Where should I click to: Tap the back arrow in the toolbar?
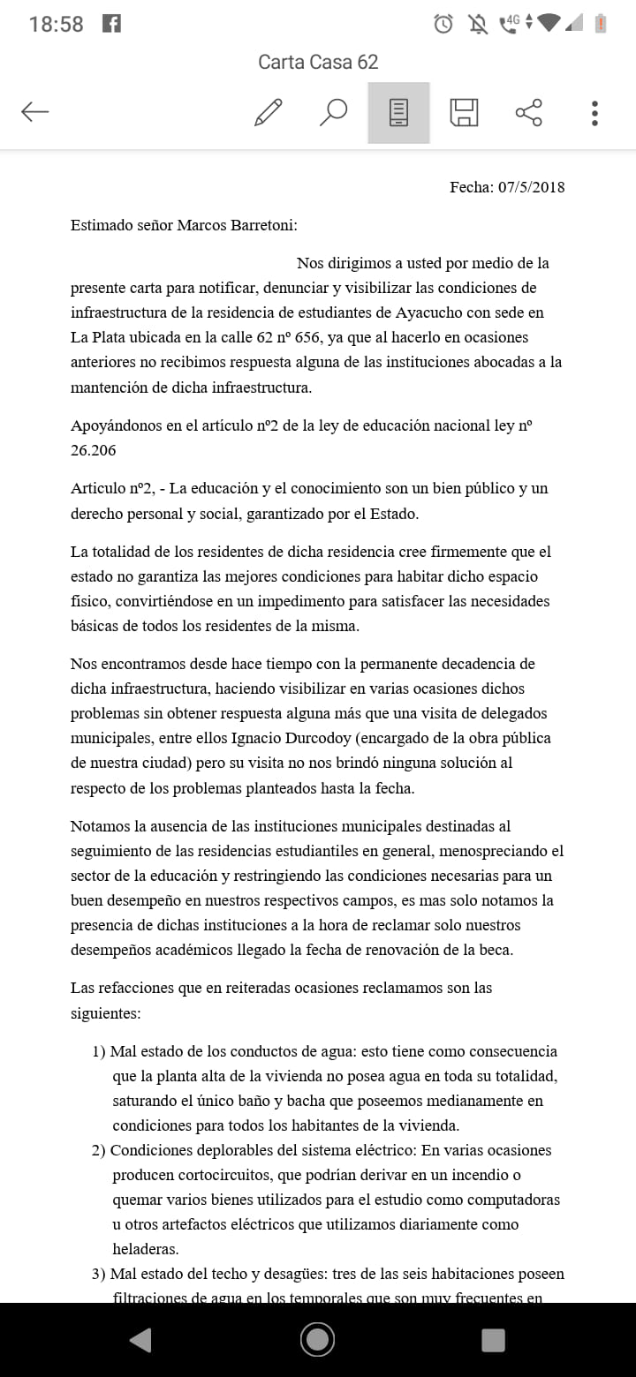click(x=35, y=112)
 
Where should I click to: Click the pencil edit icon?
click(x=268, y=112)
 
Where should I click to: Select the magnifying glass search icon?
click(x=333, y=112)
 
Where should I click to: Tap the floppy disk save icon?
click(x=464, y=112)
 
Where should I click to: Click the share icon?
click(x=528, y=112)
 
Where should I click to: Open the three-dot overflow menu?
click(x=594, y=112)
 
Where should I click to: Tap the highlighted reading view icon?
click(x=398, y=112)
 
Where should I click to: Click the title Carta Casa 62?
click(x=318, y=62)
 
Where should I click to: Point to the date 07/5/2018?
click(x=531, y=187)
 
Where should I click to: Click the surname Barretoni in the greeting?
click(x=262, y=225)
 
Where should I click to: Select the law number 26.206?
click(x=93, y=450)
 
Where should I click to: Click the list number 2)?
click(x=100, y=1151)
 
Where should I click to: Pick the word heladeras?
click(x=146, y=1249)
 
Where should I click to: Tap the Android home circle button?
click(x=317, y=1339)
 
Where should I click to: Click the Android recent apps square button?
click(x=493, y=1339)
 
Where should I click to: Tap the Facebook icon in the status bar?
click(x=111, y=24)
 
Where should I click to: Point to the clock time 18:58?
click(x=56, y=24)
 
